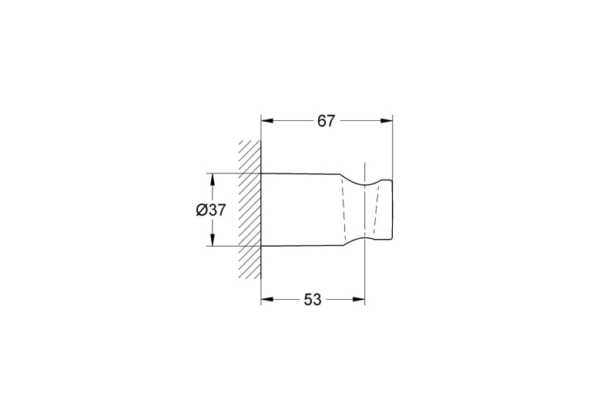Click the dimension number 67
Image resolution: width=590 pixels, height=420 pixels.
(326, 121)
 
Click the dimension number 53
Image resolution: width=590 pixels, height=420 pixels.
(313, 300)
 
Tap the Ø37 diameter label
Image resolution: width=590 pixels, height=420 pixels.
(211, 210)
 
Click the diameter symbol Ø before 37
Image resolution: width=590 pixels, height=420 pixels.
(202, 210)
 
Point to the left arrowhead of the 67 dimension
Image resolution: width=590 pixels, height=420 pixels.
(267, 120)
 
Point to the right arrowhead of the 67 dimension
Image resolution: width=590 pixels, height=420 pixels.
(387, 120)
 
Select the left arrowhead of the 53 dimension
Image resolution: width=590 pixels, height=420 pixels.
(267, 299)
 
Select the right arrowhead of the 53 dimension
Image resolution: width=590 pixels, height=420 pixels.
(359, 299)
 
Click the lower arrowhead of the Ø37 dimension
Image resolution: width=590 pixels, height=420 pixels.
(213, 240)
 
